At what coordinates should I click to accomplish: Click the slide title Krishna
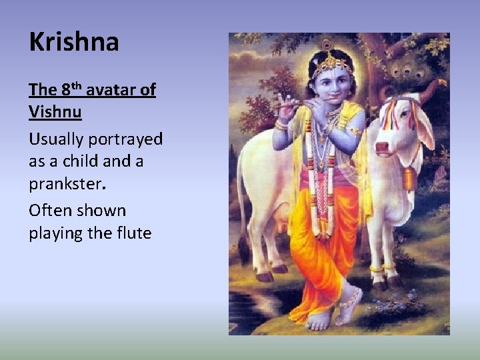74,42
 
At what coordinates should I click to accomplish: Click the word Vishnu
55,111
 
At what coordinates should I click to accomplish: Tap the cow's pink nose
383,149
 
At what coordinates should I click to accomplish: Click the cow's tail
242,200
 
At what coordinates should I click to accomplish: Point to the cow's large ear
424,127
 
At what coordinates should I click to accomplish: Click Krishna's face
325,83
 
